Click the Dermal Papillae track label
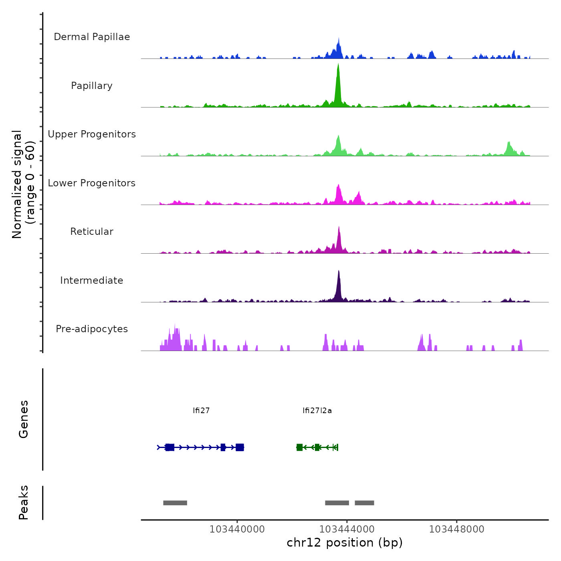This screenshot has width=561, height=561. point(92,37)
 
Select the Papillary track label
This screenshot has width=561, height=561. point(92,86)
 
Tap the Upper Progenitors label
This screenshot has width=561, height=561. point(92,134)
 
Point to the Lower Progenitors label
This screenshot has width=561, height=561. point(92,183)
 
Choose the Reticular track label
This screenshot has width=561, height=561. point(92,232)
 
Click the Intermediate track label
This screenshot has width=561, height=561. point(92,280)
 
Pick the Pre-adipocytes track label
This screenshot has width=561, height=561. point(92,329)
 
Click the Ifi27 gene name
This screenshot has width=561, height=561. point(201,411)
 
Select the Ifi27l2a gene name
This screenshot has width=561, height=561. point(317,411)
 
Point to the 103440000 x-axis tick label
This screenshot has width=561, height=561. point(237,529)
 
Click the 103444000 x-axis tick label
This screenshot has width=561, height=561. point(347,529)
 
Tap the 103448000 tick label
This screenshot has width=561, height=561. point(456,529)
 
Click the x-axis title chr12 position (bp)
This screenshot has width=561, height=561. point(345,543)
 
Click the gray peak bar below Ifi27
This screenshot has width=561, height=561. point(175,503)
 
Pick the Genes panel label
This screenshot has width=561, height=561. point(24,419)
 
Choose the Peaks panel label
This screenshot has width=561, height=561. point(24,502)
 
